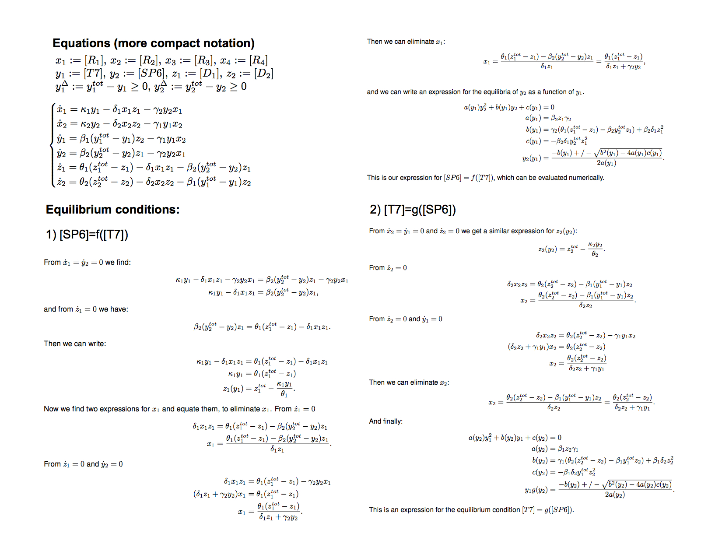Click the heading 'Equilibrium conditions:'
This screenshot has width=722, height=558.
click(112, 210)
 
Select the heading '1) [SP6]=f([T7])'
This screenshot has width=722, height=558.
click(87, 235)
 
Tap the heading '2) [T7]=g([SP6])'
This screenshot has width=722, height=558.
click(413, 210)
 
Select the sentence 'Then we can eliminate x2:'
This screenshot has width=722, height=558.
click(409, 383)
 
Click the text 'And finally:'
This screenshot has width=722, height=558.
click(386, 421)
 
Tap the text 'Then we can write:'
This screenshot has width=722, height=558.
click(75, 344)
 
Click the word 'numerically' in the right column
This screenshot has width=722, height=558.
click(586, 178)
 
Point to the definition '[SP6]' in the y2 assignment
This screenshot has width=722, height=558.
click(152, 74)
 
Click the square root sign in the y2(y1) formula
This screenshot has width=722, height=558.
click(597, 154)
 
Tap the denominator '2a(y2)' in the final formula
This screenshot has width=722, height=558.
click(614, 495)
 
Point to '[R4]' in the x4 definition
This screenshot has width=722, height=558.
click(258, 60)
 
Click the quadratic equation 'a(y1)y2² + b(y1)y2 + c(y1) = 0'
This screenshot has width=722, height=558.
click(509, 107)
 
